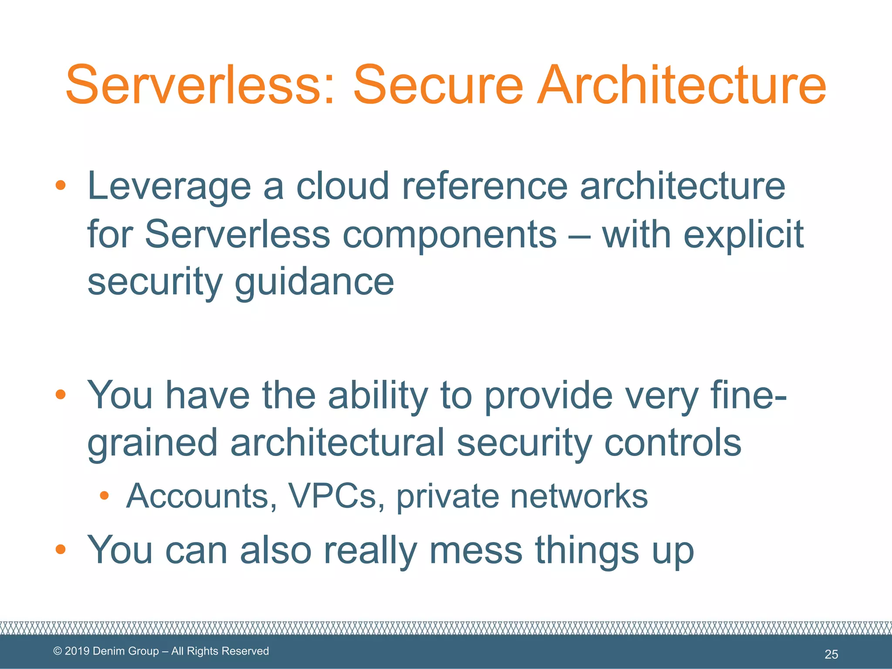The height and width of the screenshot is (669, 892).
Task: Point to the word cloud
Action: [342, 186]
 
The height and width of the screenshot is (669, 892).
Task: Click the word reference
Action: [485, 186]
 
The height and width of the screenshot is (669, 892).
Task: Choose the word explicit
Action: [743, 235]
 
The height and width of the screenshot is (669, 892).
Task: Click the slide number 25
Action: [831, 654]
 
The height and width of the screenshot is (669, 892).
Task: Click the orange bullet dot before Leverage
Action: [61, 186]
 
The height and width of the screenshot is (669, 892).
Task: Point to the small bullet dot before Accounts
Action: [104, 495]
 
